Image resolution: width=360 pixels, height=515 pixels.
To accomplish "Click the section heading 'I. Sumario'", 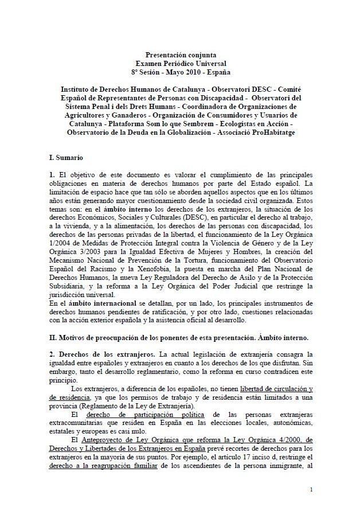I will pyautogui.click(x=66, y=156).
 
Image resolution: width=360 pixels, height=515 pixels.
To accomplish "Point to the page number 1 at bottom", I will pyautogui.click(x=311, y=489).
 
